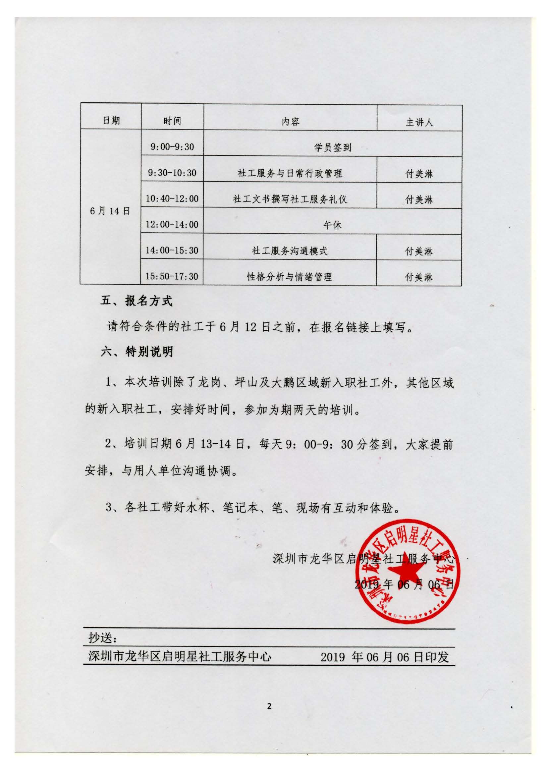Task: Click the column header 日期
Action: tap(111, 121)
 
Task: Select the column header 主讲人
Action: tap(419, 122)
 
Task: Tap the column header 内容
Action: tap(290, 122)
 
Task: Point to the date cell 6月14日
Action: tap(110, 211)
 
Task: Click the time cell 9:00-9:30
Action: tap(172, 147)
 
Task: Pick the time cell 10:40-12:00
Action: tap(172, 198)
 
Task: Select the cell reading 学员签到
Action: tap(333, 147)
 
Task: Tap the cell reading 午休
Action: tap(333, 225)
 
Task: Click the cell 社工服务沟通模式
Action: tap(290, 251)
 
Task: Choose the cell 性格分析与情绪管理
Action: tap(290, 277)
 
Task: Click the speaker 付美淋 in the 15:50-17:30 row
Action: tap(419, 277)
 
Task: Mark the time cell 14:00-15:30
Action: tap(172, 250)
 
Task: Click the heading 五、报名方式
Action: tap(136, 301)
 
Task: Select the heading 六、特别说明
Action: tap(137, 352)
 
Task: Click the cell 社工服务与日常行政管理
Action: tap(290, 174)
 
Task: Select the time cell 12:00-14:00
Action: tap(172, 224)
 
